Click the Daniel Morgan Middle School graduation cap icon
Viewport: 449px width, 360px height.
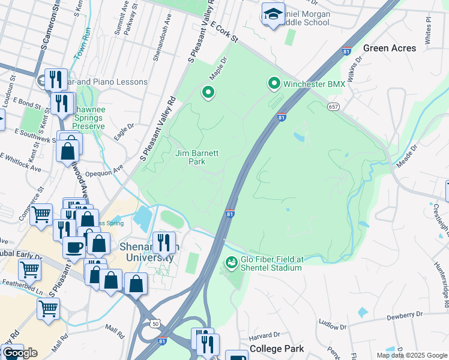pos(273,14)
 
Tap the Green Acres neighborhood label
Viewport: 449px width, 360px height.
pos(390,48)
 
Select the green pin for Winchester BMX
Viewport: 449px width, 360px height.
pos(274,84)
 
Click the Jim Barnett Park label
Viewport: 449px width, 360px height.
pos(197,157)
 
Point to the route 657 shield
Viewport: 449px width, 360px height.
pos(334,106)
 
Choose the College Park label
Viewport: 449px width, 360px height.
pos(277,349)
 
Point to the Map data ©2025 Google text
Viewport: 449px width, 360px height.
pos(412,355)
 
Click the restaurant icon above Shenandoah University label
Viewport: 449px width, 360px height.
pos(163,242)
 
